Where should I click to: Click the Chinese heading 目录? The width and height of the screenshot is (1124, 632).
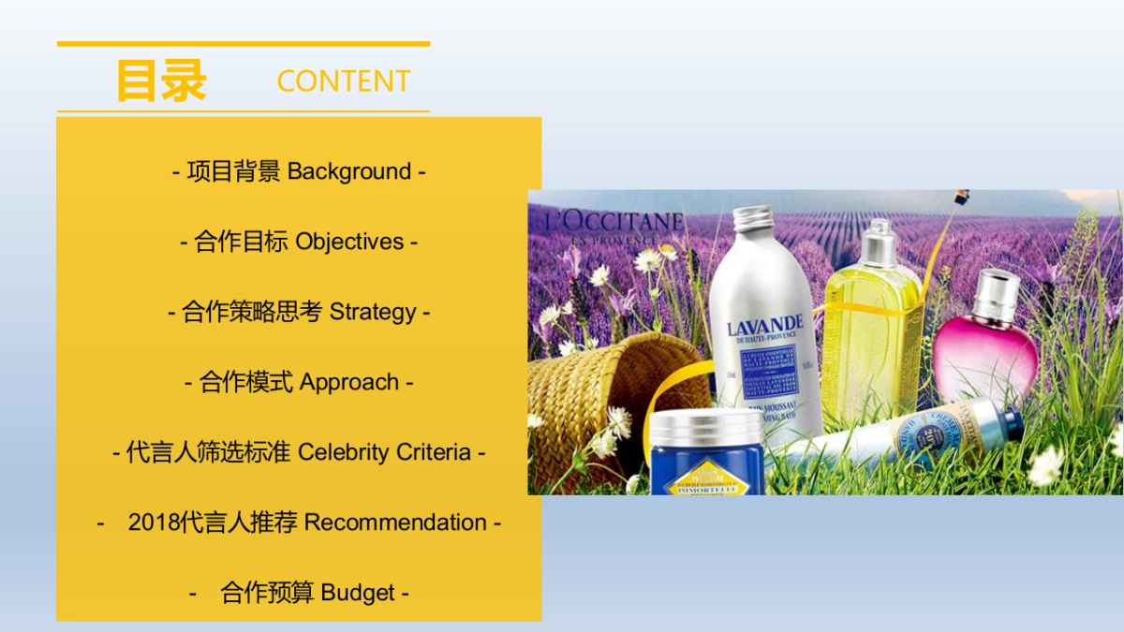[160, 81]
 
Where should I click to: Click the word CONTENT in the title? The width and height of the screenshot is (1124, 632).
[344, 81]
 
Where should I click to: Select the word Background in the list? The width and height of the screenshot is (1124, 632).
[349, 172]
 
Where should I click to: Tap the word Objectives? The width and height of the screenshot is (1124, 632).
[349, 242]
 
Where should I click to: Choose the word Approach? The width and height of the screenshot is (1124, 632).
[349, 382]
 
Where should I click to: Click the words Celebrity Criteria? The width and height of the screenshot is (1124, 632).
[384, 452]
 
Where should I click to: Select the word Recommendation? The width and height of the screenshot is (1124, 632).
[395, 522]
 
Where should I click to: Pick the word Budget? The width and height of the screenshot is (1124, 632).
[358, 593]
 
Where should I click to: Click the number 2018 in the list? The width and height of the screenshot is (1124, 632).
[154, 522]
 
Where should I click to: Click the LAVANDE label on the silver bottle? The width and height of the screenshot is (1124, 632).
[765, 329]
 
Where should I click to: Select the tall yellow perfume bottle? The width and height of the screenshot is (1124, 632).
[871, 328]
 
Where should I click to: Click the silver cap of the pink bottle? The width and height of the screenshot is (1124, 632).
[996, 293]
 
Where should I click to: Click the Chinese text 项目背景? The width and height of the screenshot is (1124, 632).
[233, 172]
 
